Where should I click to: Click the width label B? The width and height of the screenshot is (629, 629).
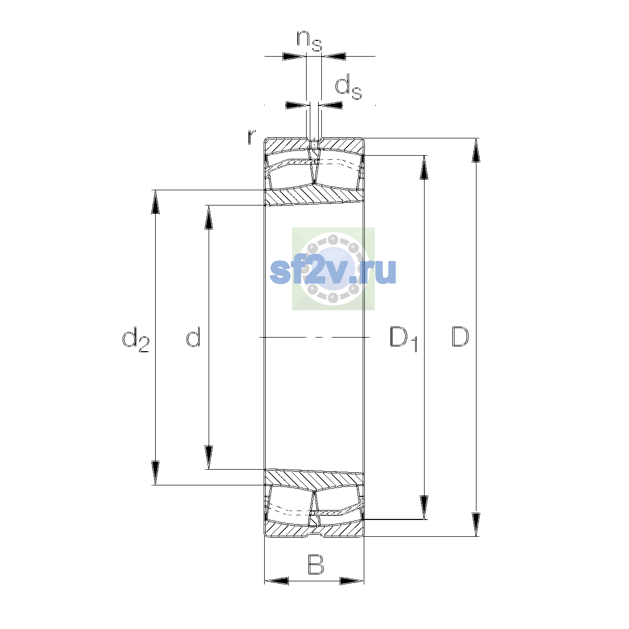(x=316, y=564)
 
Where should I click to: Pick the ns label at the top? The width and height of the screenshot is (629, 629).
(x=309, y=41)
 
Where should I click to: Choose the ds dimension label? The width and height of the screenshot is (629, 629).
(x=349, y=87)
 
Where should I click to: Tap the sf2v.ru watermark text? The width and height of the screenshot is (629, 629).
(x=333, y=272)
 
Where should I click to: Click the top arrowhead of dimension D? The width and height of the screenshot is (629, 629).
(x=476, y=150)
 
